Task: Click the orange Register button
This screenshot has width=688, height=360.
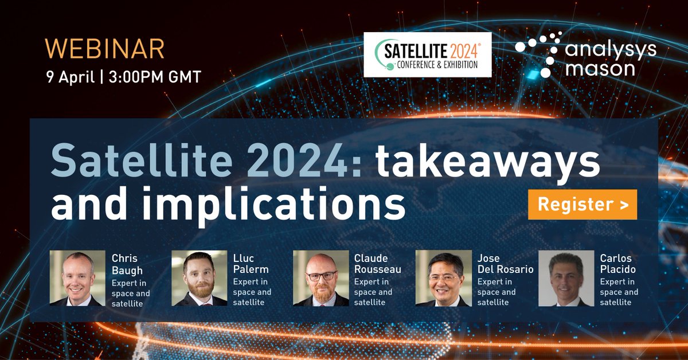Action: [582, 205]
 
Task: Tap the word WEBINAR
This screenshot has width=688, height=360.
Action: [106, 49]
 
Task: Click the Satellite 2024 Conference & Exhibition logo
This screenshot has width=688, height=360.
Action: [428, 54]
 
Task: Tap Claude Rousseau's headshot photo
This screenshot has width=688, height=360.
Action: [320, 278]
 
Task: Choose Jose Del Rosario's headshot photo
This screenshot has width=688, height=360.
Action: [443, 278]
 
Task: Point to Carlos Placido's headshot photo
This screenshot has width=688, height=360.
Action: [566, 278]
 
